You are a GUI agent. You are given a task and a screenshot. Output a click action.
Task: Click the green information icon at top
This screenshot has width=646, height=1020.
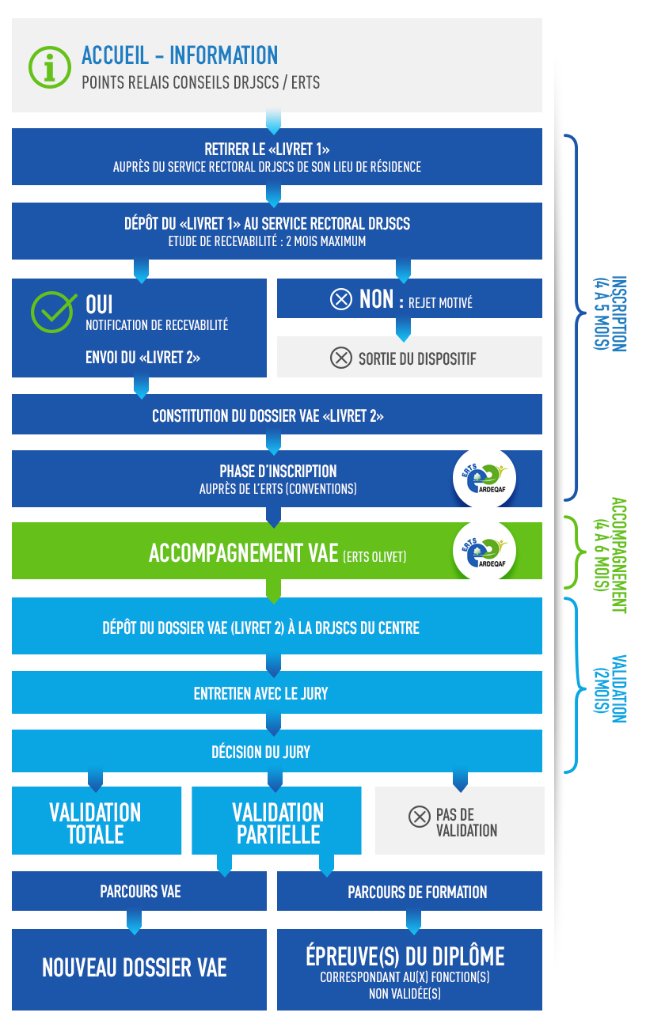50,67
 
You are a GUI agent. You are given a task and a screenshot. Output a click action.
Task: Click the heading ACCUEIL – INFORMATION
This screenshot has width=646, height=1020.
180,55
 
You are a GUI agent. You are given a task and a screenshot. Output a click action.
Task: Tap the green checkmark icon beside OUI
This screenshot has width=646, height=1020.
53,312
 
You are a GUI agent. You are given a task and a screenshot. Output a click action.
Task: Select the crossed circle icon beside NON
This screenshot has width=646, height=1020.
340,299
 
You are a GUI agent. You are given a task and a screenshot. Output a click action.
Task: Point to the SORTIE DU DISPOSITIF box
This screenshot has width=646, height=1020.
409,357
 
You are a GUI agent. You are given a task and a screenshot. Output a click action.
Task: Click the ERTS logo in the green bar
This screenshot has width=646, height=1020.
484,551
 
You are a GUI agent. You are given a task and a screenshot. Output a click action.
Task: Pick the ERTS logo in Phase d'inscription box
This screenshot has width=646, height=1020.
484,478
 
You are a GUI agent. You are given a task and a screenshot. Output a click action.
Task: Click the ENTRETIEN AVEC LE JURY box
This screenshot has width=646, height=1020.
277,692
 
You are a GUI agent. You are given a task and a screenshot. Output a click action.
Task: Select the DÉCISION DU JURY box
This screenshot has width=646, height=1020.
277,751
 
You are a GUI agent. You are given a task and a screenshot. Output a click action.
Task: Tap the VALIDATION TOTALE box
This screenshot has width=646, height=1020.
97,821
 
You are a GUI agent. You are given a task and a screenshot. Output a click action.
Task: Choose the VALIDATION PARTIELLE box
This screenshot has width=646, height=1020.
276,821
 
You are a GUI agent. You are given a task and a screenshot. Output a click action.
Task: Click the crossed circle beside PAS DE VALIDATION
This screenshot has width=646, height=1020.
419,817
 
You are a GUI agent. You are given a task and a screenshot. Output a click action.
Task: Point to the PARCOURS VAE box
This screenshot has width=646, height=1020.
139,891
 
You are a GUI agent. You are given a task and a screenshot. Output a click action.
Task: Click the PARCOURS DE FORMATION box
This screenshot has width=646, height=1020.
409,891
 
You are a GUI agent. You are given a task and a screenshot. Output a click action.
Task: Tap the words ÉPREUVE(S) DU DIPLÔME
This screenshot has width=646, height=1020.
405,956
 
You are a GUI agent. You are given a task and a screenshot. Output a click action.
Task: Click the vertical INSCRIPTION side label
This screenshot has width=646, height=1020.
610,313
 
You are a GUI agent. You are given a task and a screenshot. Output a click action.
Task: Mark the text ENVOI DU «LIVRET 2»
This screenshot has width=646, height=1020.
142,358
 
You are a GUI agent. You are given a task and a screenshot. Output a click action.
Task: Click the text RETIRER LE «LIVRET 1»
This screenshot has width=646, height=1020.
267,150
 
